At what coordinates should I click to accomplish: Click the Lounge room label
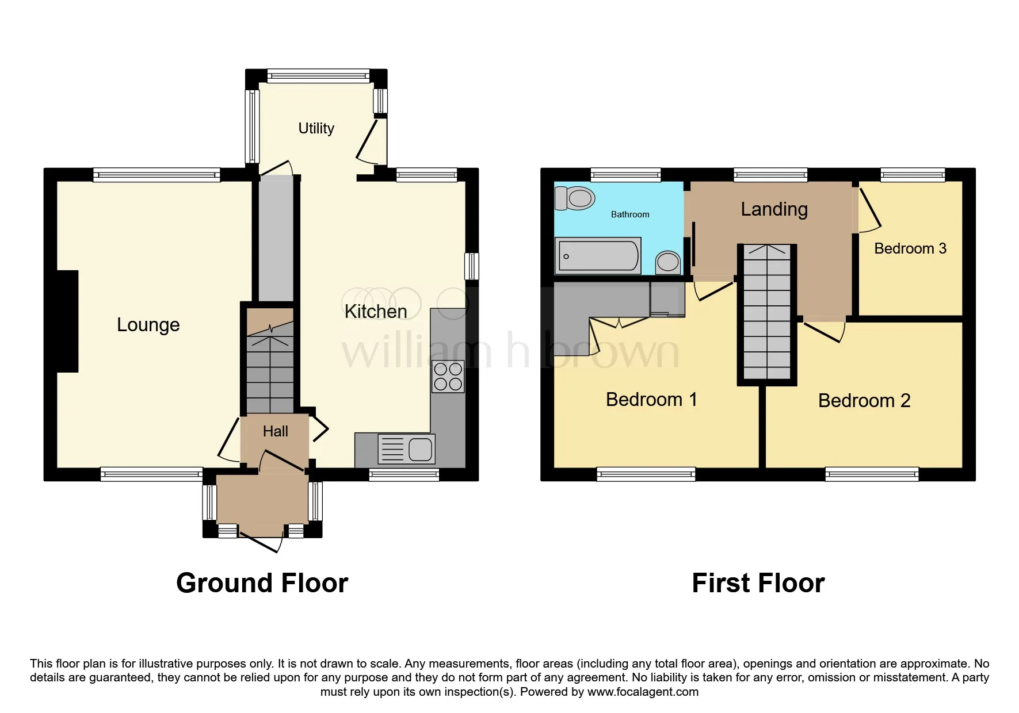[148, 325]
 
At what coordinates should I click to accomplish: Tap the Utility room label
[316, 128]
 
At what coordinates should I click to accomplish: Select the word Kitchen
[375, 312]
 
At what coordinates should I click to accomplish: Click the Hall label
[275, 431]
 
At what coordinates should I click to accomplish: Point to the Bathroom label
[629, 214]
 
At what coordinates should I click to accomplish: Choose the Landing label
[774, 209]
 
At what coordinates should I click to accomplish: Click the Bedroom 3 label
[910, 248]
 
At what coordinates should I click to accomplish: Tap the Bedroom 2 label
[864, 401]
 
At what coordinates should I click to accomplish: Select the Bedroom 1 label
[651, 400]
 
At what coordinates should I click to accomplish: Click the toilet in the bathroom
[575, 198]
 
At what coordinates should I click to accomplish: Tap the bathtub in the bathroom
[597, 256]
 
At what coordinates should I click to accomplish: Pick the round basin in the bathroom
[668, 262]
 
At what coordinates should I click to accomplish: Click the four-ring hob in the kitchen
[448, 377]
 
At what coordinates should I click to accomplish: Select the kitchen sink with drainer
[406, 449]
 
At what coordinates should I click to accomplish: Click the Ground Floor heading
[262, 583]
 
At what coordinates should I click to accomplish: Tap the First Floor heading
[758, 583]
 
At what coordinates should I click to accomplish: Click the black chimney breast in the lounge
[67, 321]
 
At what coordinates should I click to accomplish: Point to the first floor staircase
[767, 313]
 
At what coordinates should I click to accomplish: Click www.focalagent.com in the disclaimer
[643, 692]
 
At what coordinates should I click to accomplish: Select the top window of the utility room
[318, 76]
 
